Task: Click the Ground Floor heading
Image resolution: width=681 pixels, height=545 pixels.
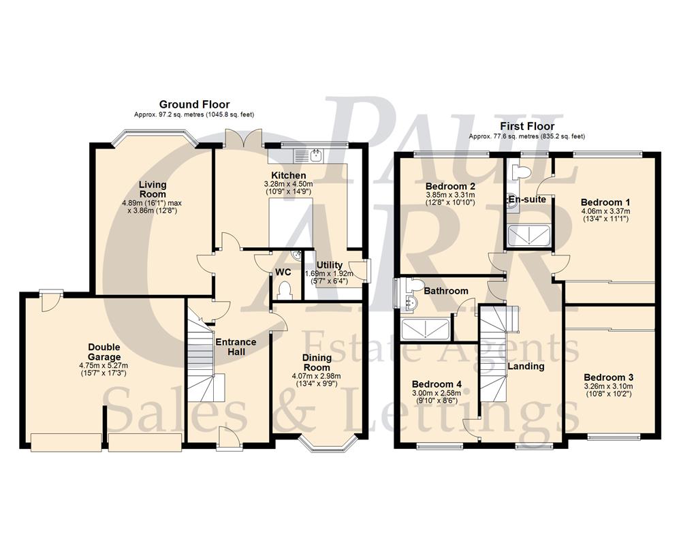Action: click(194, 104)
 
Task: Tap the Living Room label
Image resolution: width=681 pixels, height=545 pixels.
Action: click(153, 189)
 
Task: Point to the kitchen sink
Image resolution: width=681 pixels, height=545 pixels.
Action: click(315, 155)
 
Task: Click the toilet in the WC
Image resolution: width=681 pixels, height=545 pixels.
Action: click(285, 291)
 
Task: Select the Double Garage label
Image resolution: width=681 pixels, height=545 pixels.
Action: click(104, 352)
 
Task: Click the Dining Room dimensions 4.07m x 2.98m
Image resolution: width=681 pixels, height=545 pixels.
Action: click(317, 375)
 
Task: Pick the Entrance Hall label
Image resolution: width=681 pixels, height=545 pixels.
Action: click(236, 347)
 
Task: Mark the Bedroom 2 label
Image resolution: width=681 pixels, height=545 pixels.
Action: click(450, 186)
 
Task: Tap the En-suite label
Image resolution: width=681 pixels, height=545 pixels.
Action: click(526, 200)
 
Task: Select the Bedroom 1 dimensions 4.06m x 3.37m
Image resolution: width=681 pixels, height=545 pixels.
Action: click(605, 211)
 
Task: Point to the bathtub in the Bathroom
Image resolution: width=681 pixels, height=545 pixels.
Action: click(426, 330)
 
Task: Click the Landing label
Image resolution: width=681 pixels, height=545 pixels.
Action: click(526, 366)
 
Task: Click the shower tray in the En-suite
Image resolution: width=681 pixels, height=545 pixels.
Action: click(528, 235)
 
